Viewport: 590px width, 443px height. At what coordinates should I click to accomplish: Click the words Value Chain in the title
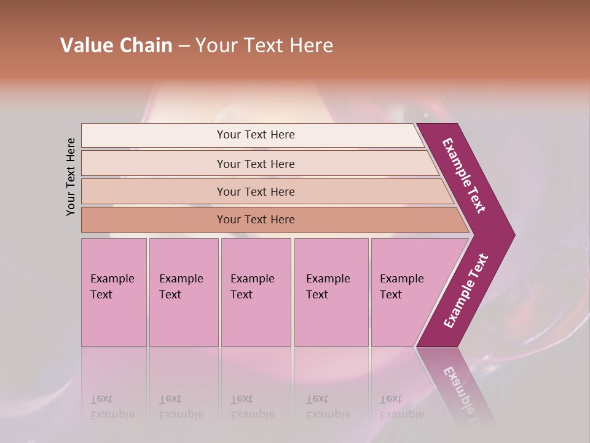116,46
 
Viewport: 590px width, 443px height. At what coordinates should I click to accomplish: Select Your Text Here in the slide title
264,46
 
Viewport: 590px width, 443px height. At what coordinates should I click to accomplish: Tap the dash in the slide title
184,46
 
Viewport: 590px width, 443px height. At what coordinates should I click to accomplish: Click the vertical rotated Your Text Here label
71,177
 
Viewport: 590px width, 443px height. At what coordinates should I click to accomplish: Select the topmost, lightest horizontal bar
255,135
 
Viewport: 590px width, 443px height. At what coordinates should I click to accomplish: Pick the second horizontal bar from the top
255,164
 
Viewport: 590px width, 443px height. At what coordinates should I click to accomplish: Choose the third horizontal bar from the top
255,191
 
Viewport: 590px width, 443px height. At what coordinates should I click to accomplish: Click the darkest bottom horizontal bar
255,220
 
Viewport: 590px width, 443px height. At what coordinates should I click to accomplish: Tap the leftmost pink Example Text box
114,292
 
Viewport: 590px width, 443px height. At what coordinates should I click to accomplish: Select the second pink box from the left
183,292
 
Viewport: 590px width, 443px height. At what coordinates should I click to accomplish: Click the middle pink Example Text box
256,292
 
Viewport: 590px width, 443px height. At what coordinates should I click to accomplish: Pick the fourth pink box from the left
331,292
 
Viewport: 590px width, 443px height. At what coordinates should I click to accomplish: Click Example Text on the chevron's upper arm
465,175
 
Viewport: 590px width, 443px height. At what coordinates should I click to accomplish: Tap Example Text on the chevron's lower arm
466,291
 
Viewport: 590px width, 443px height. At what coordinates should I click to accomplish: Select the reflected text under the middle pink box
252,407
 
